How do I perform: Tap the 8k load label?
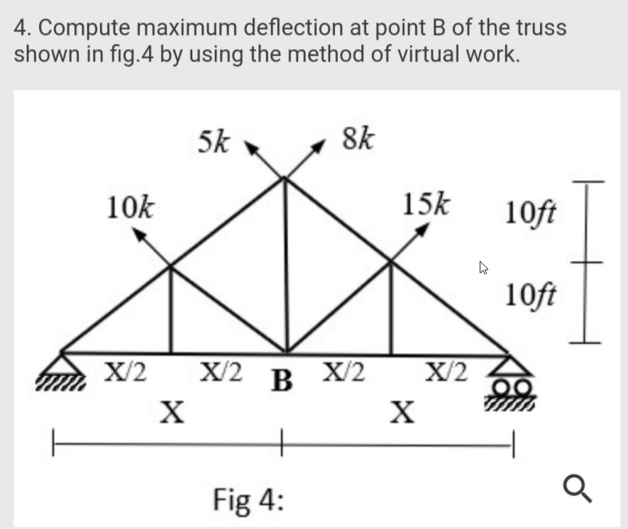[358, 138]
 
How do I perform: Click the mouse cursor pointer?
[484, 268]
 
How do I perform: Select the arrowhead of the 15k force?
[424, 229]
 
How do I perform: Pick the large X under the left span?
[171, 411]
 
